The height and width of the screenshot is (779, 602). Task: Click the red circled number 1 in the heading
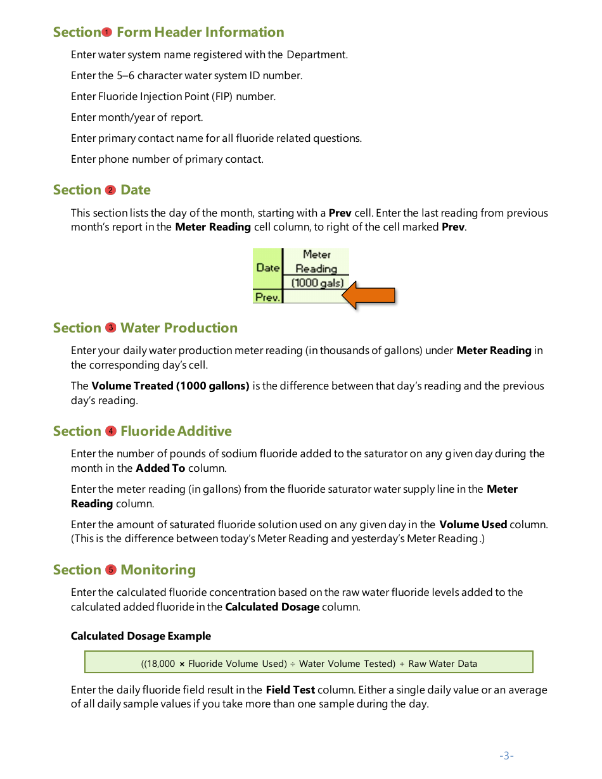coord(107,32)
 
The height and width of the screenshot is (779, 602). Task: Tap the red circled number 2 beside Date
coord(111,190)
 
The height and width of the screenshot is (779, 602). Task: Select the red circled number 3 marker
coord(111,328)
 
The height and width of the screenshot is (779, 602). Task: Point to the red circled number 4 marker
coord(111,431)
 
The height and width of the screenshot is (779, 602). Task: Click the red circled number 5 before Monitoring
coord(111,570)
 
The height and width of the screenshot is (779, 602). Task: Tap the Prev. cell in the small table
coord(267,296)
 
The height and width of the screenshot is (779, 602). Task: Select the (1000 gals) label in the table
coord(317,282)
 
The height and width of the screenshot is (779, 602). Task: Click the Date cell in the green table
coord(267,268)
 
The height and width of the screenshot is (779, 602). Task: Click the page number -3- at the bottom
coord(506,756)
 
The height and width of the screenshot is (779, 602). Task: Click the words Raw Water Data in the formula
coord(442,664)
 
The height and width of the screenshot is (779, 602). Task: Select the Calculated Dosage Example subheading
coord(141,636)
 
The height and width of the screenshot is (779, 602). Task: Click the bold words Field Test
coord(290,690)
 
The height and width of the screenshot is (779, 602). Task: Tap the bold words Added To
coord(160,468)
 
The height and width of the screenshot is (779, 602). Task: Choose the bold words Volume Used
coord(473,524)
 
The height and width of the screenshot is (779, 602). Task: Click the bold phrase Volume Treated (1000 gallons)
coord(170,386)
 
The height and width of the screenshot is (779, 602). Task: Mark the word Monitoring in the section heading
coord(158,570)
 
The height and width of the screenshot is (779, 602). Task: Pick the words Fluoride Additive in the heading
coord(176,431)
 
